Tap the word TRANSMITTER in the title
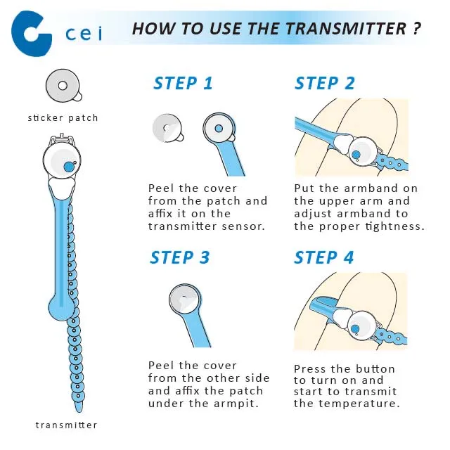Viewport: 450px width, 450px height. click(x=346, y=29)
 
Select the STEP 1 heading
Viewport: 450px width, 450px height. click(x=183, y=84)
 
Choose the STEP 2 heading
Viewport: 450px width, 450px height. click(x=325, y=84)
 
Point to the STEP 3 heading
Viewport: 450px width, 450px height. click(x=180, y=257)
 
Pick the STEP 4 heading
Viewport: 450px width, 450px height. click(x=324, y=257)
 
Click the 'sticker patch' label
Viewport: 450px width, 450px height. click(x=63, y=118)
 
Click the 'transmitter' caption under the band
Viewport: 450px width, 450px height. click(x=66, y=425)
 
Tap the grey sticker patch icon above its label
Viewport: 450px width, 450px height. click(x=63, y=86)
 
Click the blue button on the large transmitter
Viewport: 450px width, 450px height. click(x=69, y=167)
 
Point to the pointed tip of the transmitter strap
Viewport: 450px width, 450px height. click(x=78, y=411)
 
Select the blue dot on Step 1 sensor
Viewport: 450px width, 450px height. click(x=219, y=128)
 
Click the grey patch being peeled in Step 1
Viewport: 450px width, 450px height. click(x=167, y=128)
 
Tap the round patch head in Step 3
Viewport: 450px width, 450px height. click(x=184, y=299)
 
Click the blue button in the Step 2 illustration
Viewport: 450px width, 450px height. click(x=356, y=155)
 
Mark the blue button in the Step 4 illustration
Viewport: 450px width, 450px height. click(x=355, y=329)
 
